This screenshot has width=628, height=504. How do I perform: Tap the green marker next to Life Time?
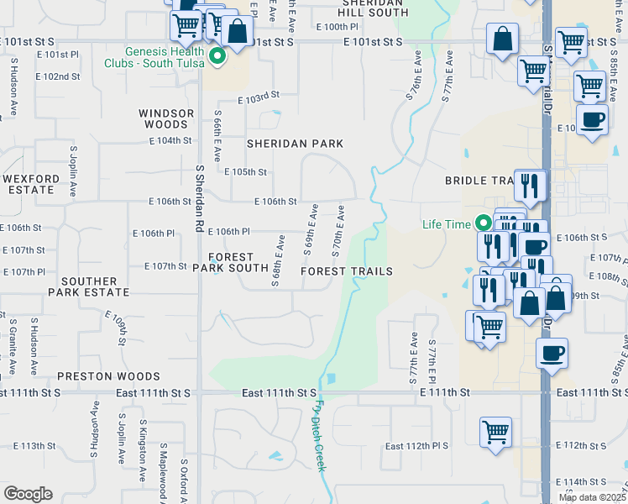[483, 223]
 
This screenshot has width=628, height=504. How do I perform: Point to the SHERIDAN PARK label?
[295, 144]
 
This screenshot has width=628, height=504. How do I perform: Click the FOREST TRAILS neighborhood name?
[347, 271]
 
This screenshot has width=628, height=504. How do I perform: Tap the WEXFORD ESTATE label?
[31, 184]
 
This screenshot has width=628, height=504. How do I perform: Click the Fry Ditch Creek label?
[320, 436]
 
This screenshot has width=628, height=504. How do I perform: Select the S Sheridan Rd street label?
[200, 198]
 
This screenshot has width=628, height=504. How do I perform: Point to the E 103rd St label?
[258, 98]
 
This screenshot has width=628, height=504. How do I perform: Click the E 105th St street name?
[245, 172]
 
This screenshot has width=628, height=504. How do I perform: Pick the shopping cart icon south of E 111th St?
[496, 433]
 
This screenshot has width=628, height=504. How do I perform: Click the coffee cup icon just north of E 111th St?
[552, 353]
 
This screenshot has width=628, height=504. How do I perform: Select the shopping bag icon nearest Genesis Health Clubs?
[238, 32]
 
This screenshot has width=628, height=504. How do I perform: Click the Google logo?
[27, 494]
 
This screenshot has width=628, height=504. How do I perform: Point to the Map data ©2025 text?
[593, 497]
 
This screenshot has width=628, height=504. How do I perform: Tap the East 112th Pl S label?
[417, 446]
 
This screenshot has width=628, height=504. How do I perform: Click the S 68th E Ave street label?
[275, 261]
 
